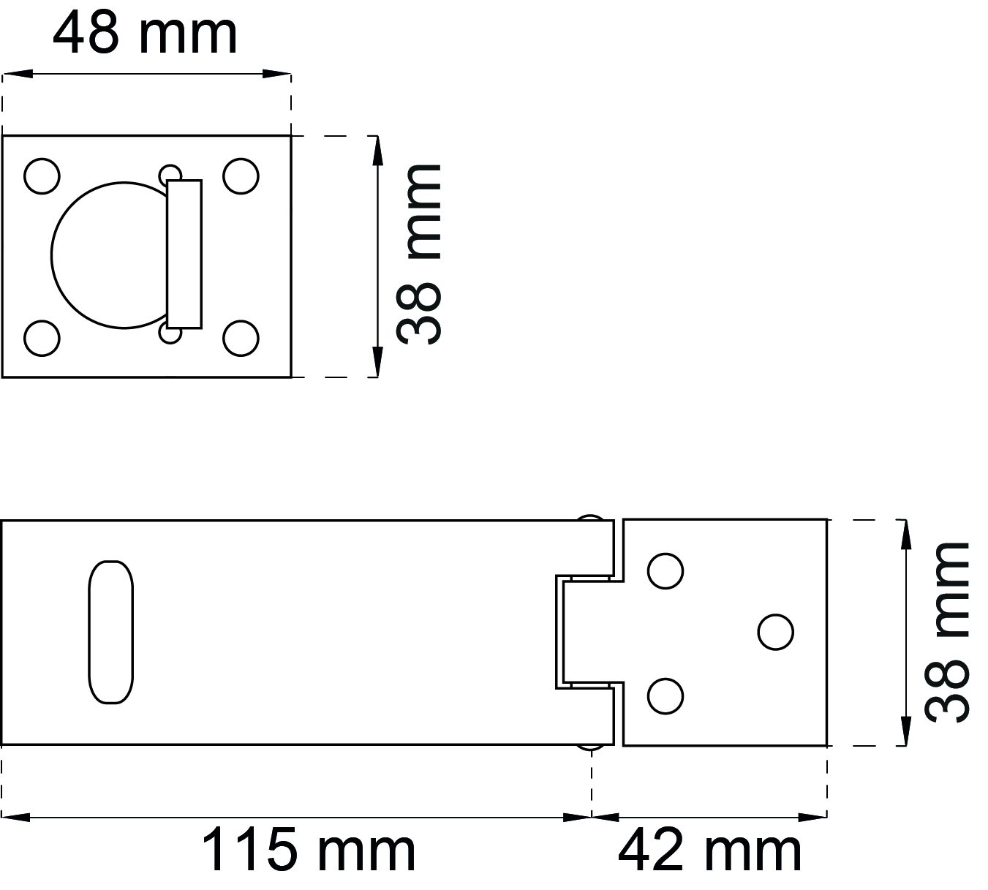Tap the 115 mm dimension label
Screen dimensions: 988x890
309,850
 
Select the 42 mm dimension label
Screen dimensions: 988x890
709,850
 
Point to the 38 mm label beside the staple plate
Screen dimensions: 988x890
418,254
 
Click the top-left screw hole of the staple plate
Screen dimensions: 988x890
42,176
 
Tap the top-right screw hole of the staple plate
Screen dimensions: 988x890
241,176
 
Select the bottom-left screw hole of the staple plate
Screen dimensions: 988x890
42,339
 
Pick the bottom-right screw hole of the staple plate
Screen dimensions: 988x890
241,339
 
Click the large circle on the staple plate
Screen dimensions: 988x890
52,255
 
